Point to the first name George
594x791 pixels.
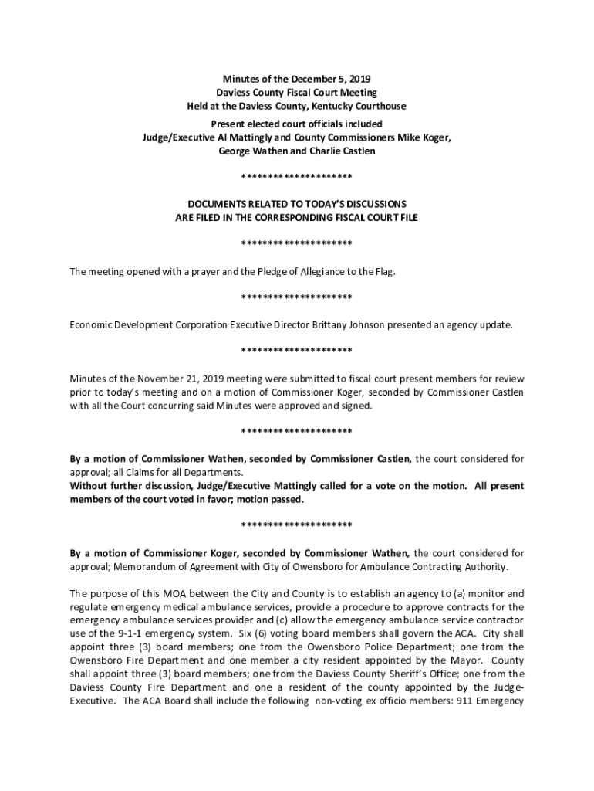(236, 151)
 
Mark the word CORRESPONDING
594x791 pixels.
(302, 218)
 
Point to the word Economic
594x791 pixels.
(92, 325)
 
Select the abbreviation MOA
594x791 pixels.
(177, 594)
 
